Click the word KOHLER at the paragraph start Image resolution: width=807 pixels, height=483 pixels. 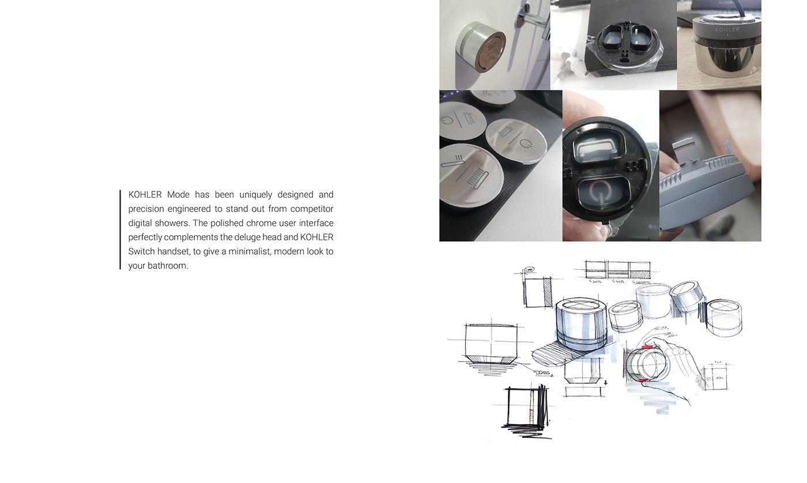[145, 195]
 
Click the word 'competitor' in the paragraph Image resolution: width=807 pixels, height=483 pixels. [312, 209]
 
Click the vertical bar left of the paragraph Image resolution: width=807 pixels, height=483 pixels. [120, 229]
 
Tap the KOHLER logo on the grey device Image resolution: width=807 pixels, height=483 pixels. [727, 29]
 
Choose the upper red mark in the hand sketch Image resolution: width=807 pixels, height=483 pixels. [647, 347]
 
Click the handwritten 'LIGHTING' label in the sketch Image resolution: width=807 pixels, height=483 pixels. [544, 372]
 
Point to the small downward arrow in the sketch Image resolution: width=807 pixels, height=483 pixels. [605, 382]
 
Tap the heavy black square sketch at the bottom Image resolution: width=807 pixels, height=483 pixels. [526, 408]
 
